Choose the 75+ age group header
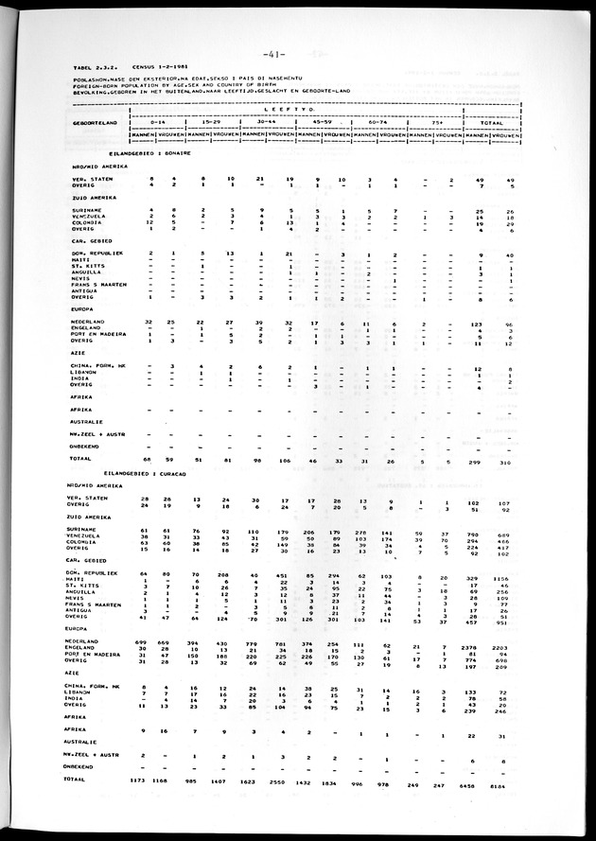tap(437, 122)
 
